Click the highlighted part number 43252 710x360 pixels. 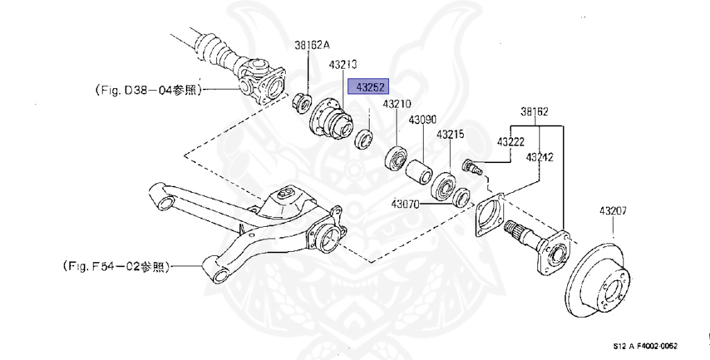click(x=370, y=88)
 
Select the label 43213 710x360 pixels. click(x=343, y=65)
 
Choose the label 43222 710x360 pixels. click(x=510, y=142)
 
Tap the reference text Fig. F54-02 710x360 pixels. click(x=115, y=266)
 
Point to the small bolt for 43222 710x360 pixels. click(x=470, y=167)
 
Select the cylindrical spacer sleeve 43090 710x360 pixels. click(x=419, y=171)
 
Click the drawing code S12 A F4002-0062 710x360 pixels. click(x=645, y=345)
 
